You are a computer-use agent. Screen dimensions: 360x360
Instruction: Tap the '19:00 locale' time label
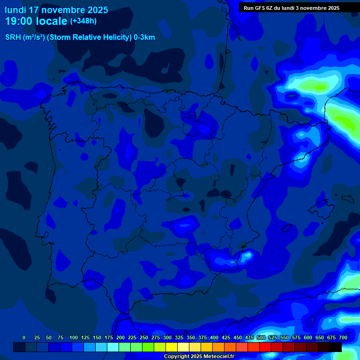tap(37, 21)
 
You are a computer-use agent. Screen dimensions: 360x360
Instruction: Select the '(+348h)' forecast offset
tap(83, 21)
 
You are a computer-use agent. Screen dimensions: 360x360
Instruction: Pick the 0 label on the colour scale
tap(24, 337)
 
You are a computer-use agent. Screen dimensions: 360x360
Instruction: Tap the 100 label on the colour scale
tap(74, 337)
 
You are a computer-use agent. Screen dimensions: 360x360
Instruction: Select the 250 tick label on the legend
tap(144, 337)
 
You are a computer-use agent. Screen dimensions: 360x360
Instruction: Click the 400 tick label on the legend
tap(214, 337)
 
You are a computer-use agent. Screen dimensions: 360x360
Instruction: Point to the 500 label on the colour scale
tap(261, 337)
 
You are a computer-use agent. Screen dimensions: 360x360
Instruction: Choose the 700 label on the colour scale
tap(343, 337)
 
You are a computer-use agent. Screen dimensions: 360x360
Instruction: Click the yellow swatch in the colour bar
tap(172, 347)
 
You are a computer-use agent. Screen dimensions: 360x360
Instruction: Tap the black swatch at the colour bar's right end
tap(336, 347)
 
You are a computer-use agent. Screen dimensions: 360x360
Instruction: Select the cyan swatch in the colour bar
tap(113, 347)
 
